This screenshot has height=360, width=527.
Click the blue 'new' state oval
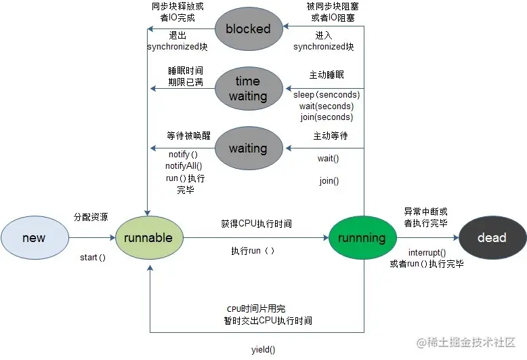point(35,238)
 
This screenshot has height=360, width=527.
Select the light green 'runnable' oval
point(149,238)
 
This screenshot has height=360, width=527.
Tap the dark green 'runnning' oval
point(362,238)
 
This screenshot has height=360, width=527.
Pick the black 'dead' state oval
point(492,238)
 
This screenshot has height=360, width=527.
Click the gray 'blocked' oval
point(248,29)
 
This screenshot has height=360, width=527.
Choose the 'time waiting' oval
point(248,89)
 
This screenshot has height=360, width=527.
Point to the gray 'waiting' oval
point(248,148)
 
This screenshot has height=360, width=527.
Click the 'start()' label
point(93,258)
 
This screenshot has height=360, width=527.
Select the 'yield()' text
point(263,350)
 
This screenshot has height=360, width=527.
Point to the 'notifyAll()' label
point(184,165)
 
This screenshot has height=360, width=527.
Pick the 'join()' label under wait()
point(329,181)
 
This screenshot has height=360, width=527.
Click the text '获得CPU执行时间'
point(257,224)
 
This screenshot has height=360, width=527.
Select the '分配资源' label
point(91,217)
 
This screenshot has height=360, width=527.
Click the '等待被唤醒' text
point(184,136)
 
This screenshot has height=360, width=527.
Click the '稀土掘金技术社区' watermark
point(469,344)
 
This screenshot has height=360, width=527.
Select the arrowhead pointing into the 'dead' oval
point(455,238)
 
